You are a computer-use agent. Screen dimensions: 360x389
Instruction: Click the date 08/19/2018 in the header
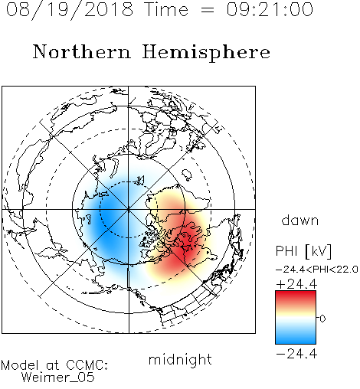(x=70, y=10)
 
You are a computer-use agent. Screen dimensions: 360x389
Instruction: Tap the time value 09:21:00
(x=270, y=10)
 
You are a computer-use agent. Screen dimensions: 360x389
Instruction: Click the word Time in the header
(x=166, y=10)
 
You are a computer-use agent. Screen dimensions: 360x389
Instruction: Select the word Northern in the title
(x=82, y=51)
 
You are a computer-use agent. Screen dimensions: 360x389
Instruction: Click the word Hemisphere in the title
(x=206, y=53)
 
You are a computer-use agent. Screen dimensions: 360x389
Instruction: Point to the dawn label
(x=300, y=220)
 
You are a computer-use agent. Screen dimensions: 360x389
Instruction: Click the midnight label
(x=180, y=359)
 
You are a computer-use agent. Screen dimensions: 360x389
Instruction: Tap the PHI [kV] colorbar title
(x=303, y=251)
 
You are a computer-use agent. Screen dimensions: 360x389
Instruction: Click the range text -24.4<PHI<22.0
(x=317, y=270)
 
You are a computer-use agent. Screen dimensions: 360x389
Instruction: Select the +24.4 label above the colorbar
(x=296, y=284)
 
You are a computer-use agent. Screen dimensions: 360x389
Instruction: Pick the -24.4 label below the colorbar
(x=296, y=354)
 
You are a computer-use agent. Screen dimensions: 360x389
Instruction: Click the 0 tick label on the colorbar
(x=322, y=319)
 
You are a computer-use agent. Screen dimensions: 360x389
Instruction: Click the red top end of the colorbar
(x=296, y=293)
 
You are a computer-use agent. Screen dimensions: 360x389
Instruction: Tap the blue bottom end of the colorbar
(x=296, y=342)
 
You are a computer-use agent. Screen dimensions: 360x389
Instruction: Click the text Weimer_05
(x=58, y=378)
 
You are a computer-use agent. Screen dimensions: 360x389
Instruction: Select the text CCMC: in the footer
(x=87, y=365)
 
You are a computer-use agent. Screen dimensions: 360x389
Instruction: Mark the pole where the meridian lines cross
(x=129, y=209)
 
